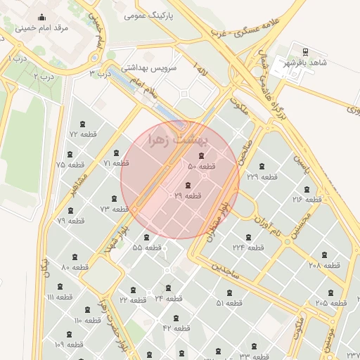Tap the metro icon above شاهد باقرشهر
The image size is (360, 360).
click(x=305, y=51)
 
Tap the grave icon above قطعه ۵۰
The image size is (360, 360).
click(x=202, y=155)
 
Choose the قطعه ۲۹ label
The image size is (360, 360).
click(x=188, y=195)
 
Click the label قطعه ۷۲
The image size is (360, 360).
click(x=82, y=134)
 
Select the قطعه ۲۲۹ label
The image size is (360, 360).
click(x=262, y=176)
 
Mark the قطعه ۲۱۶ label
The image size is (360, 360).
click(x=307, y=200)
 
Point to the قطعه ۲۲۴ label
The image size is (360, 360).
click(x=248, y=247)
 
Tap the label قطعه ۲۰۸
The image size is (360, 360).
click(x=324, y=265)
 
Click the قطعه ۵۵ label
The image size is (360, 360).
click(x=147, y=247)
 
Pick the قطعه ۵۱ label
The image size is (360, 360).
click(x=229, y=303)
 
